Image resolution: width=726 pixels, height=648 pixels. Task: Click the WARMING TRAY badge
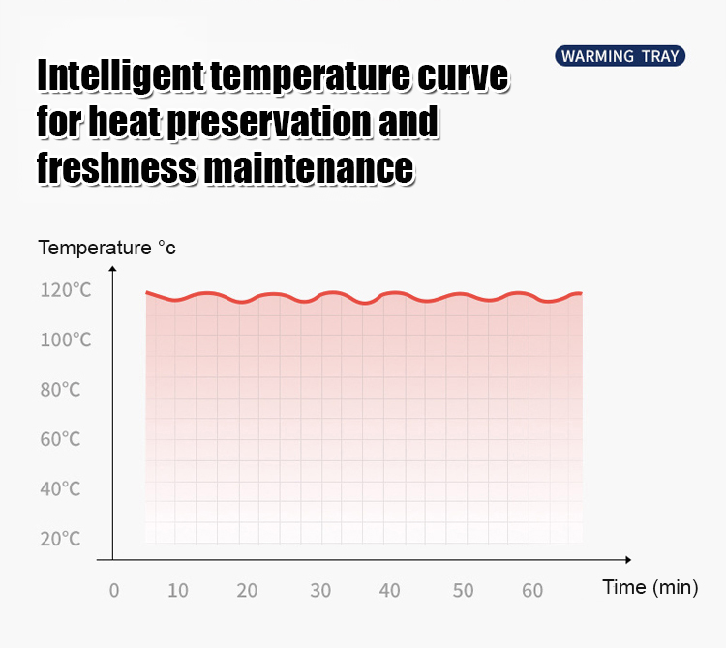coord(620,56)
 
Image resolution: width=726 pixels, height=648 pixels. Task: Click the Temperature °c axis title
coord(107,248)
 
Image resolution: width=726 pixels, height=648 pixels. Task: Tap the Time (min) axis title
coord(650,587)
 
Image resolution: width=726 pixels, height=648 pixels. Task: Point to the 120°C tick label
coord(66,290)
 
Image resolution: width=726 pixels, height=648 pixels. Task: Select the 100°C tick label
coord(66,340)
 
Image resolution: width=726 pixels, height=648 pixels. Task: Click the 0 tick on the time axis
coord(113,591)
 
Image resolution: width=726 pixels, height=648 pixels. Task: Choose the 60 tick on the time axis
coord(531,591)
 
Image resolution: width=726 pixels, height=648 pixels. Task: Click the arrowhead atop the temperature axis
coord(112,268)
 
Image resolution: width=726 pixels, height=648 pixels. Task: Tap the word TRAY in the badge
coord(659,56)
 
